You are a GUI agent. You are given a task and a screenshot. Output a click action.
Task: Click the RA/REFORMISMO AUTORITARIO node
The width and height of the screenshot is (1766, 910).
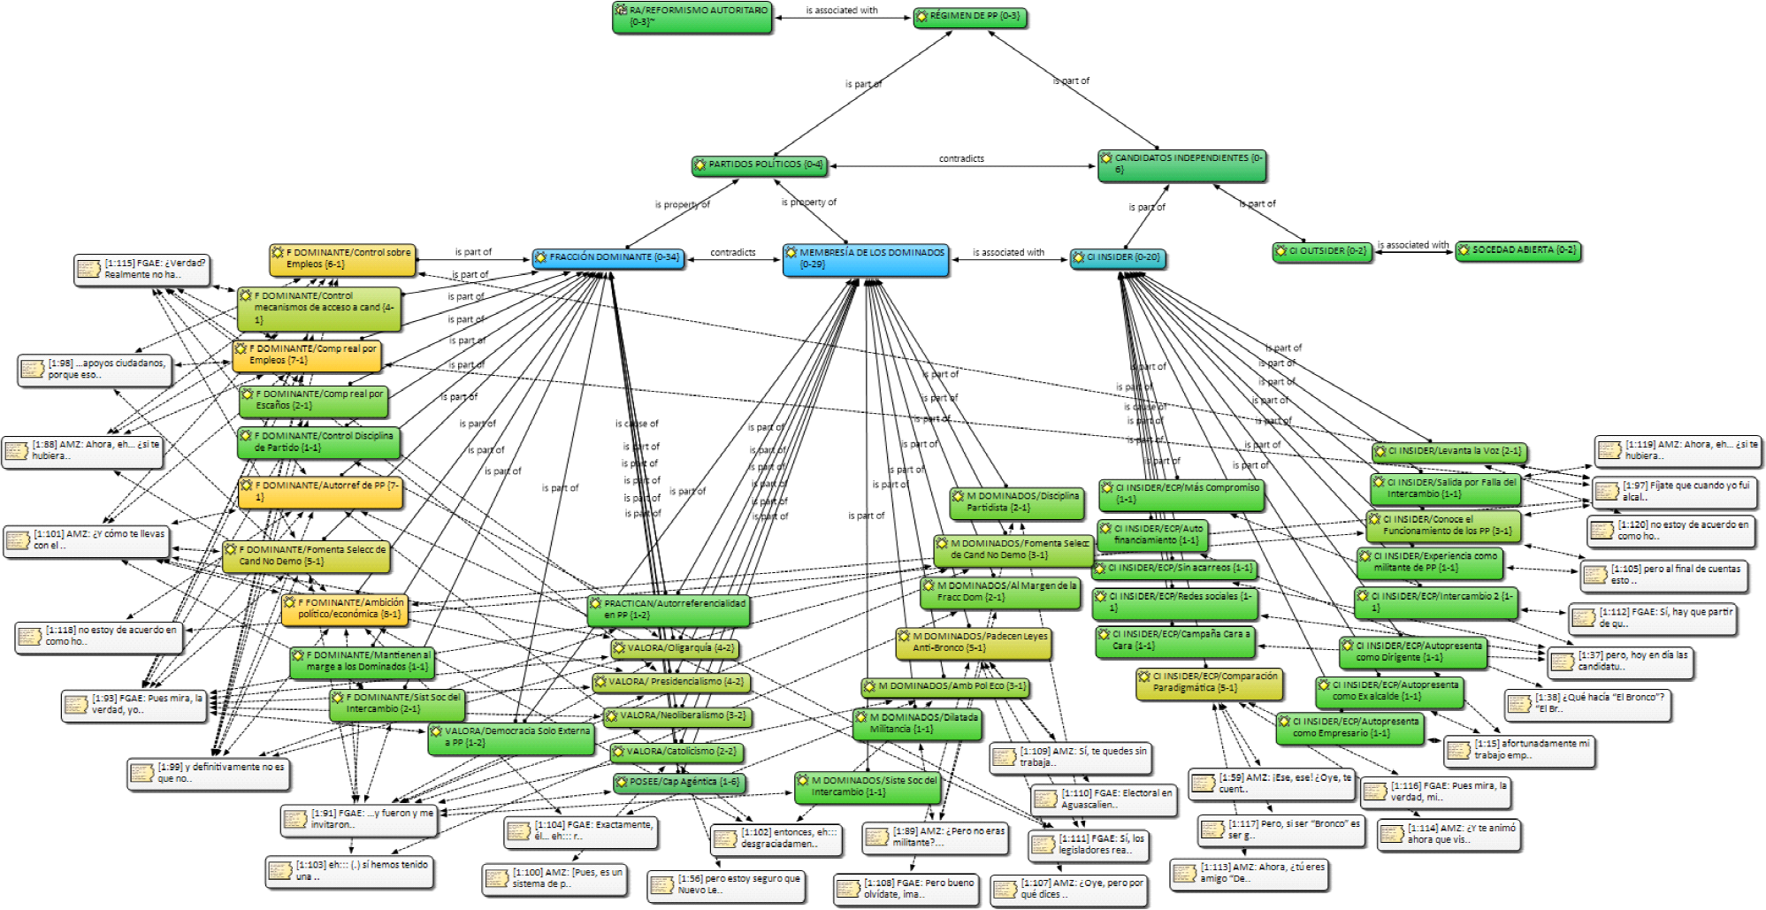click(x=692, y=17)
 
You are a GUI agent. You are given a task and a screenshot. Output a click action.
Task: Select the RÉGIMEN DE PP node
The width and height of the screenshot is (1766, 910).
click(x=970, y=17)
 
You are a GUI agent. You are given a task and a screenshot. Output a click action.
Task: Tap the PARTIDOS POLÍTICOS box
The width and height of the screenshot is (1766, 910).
click(x=759, y=164)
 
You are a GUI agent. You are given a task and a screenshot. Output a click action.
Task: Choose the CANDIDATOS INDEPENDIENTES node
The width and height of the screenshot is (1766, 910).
click(x=1181, y=164)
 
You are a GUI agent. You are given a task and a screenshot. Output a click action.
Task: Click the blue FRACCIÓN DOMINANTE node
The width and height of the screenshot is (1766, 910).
click(x=608, y=257)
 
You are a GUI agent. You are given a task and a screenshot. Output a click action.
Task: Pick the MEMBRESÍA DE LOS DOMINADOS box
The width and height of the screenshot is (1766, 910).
click(x=865, y=259)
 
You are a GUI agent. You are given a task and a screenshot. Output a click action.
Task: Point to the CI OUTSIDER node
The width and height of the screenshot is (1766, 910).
click(x=1321, y=251)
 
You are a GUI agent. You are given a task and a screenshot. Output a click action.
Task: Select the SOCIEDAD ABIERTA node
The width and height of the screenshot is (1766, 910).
click(x=1517, y=250)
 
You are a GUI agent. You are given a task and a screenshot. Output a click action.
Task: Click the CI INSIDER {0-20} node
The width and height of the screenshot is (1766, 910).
click(x=1117, y=258)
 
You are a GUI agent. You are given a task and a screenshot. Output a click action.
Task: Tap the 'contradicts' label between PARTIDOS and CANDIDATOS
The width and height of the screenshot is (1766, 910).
click(x=961, y=159)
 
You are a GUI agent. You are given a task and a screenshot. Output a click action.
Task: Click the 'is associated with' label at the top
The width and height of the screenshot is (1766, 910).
click(x=841, y=11)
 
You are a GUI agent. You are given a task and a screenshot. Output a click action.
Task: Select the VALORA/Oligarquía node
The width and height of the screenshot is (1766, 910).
click(x=674, y=648)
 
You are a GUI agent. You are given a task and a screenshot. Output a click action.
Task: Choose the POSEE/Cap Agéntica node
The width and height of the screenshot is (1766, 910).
click(x=677, y=782)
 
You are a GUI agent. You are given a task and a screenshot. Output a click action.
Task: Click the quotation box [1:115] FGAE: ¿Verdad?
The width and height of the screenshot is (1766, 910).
click(x=142, y=269)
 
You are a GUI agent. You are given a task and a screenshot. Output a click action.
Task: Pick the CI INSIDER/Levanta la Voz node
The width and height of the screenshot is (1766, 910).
click(x=1449, y=451)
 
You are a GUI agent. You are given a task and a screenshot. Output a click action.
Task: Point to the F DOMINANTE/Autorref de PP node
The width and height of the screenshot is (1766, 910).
click(x=320, y=492)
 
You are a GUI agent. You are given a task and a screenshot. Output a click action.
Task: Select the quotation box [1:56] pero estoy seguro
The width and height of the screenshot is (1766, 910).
click(x=726, y=884)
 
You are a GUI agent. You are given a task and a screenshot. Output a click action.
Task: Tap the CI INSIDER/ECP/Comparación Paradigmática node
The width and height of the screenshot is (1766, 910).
click(x=1208, y=682)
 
